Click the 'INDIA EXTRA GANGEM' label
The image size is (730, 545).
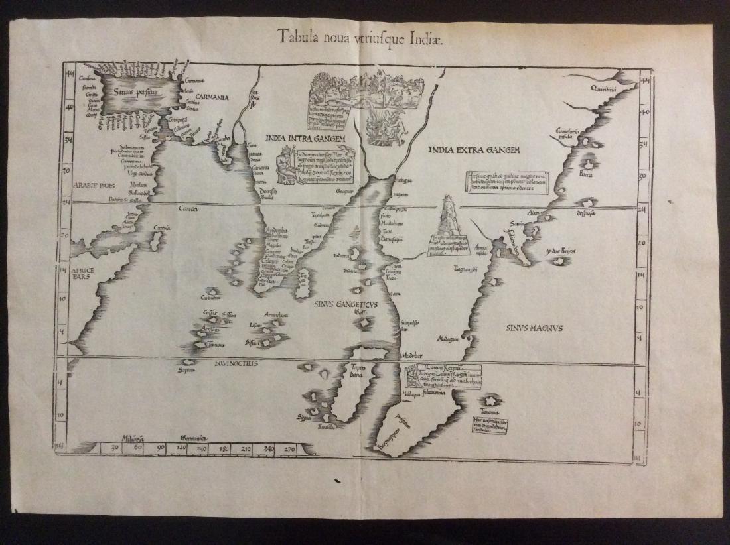coord(474,150)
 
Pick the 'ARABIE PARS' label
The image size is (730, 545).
coord(95,187)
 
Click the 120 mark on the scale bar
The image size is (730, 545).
coord(181,449)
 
